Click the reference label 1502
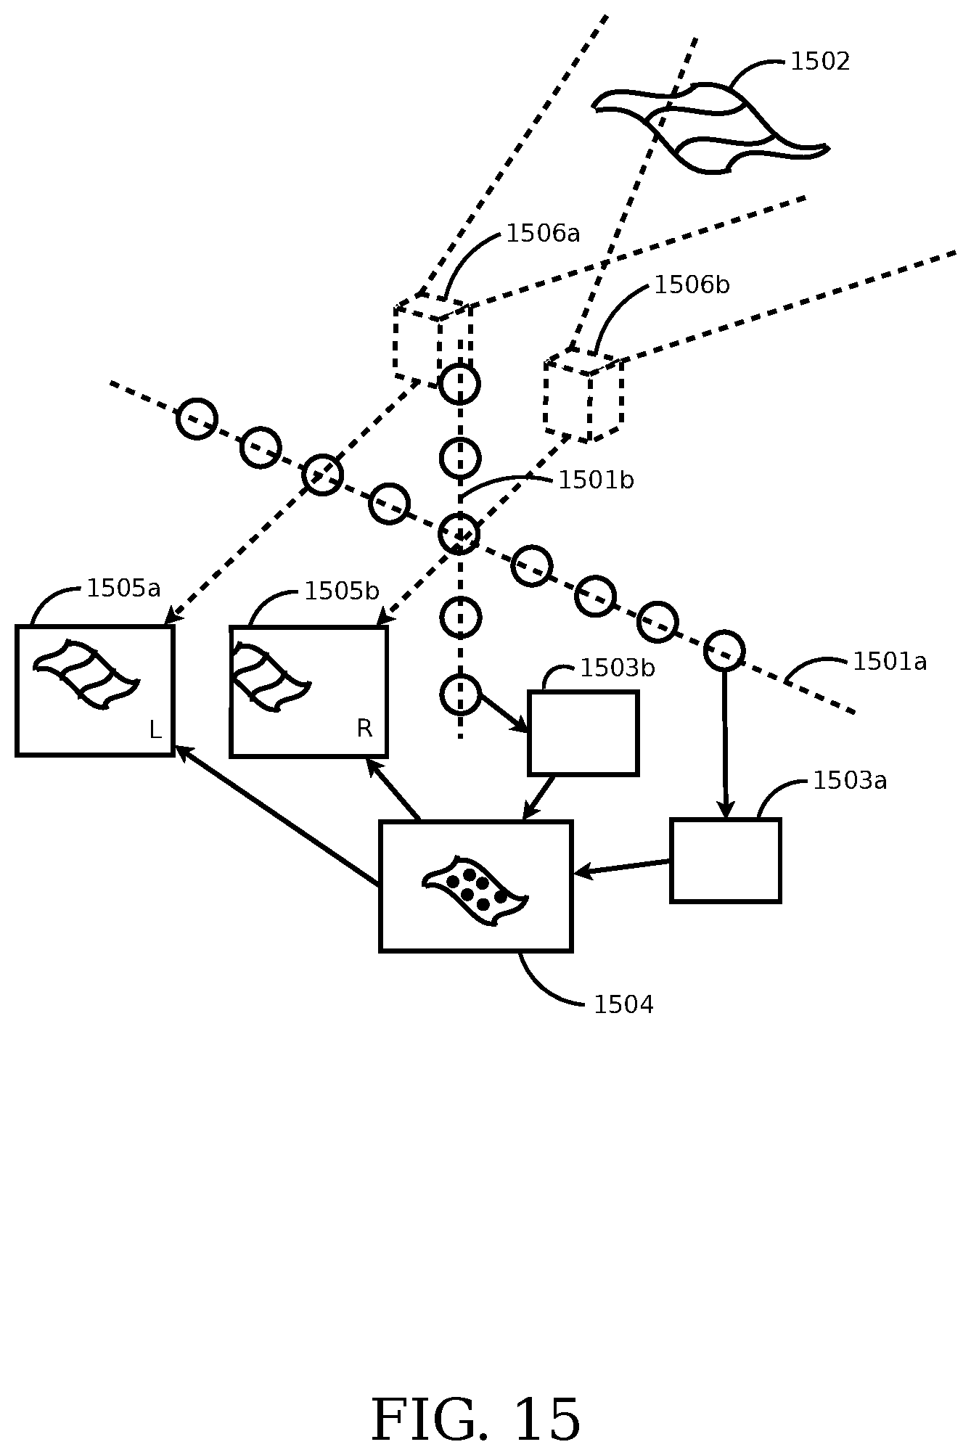click(819, 62)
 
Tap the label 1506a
click(543, 234)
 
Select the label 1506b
click(692, 285)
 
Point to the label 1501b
click(595, 480)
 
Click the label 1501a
click(889, 662)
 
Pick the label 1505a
click(123, 588)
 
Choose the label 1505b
click(341, 591)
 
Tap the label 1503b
click(617, 668)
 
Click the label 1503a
click(850, 781)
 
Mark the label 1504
click(623, 1005)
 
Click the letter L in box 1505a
click(155, 731)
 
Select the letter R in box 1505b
click(364, 729)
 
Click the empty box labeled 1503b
click(583, 734)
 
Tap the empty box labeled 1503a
click(726, 861)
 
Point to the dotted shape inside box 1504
click(475, 890)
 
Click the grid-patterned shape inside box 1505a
click(86, 674)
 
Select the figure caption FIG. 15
click(476, 1419)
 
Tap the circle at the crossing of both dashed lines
click(459, 533)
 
